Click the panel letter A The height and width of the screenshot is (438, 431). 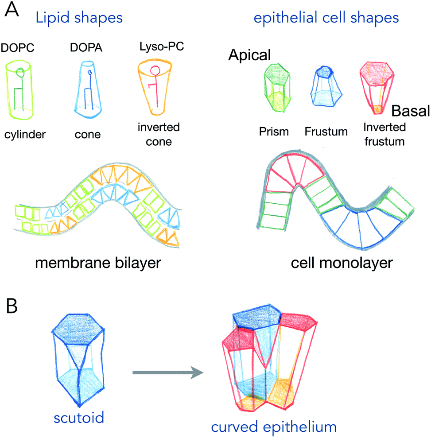coord(12,10)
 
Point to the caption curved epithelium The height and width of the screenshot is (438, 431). coord(274,427)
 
